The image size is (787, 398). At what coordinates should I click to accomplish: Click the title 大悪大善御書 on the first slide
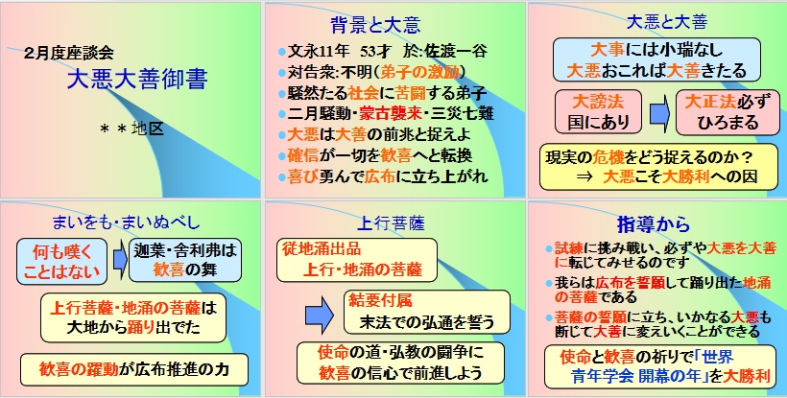(137, 80)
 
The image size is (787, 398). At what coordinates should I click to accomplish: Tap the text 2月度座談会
(68, 53)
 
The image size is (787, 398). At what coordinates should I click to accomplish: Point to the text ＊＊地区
(132, 129)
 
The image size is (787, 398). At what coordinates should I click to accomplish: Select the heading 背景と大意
(375, 25)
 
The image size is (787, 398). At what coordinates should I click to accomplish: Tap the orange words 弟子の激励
(420, 72)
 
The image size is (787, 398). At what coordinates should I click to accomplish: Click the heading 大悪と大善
(667, 22)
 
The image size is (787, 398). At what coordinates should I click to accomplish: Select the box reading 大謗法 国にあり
(598, 112)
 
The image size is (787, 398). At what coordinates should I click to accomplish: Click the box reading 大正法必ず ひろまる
(727, 112)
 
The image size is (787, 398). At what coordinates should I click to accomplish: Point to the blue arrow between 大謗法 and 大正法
(659, 112)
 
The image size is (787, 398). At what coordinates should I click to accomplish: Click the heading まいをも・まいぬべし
(126, 222)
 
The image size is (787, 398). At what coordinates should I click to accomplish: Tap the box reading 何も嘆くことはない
(62, 261)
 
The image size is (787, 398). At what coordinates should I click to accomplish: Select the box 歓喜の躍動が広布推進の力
(134, 370)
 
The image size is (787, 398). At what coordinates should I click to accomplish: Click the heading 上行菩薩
(391, 223)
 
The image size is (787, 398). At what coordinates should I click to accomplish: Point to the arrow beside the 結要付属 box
(320, 316)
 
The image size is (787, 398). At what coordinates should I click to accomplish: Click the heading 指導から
(653, 224)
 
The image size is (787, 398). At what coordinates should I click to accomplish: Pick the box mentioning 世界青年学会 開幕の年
(660, 367)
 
